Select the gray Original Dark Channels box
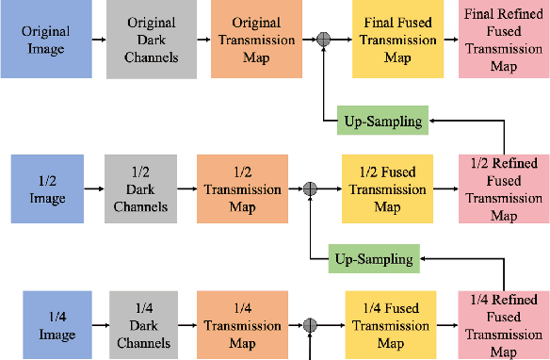[x=152, y=40]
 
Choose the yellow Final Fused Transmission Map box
[x=393, y=40]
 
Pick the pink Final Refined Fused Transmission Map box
[x=504, y=40]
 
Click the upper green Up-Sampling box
[x=380, y=120]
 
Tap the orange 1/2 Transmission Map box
[x=243, y=189]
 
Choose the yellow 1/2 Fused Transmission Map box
[x=380, y=189]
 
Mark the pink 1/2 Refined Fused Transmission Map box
[x=504, y=189]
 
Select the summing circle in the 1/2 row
[x=310, y=189]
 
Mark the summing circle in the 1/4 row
[x=310, y=326]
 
